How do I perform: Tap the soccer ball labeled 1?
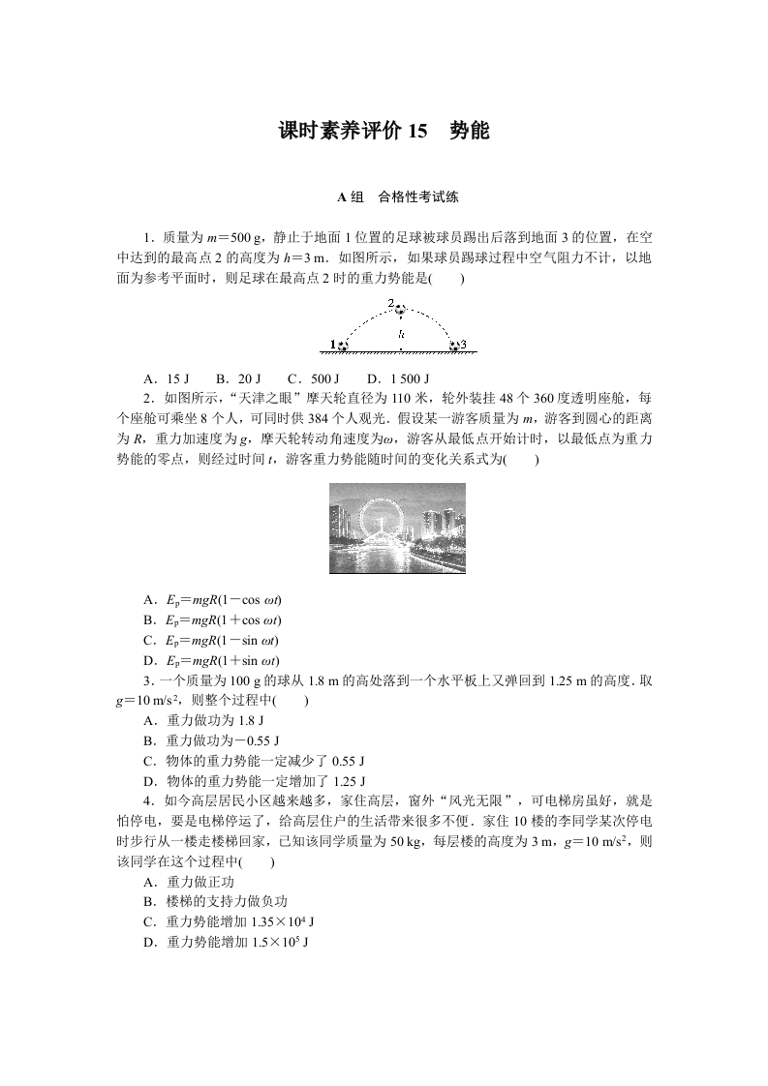tap(342, 345)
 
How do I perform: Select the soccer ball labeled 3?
tap(453, 345)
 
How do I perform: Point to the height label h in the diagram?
tap(400, 334)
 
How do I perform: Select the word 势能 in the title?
tap(470, 131)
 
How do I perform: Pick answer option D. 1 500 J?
tap(398, 378)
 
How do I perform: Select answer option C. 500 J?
tap(314, 378)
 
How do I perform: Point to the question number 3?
tap(146, 680)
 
